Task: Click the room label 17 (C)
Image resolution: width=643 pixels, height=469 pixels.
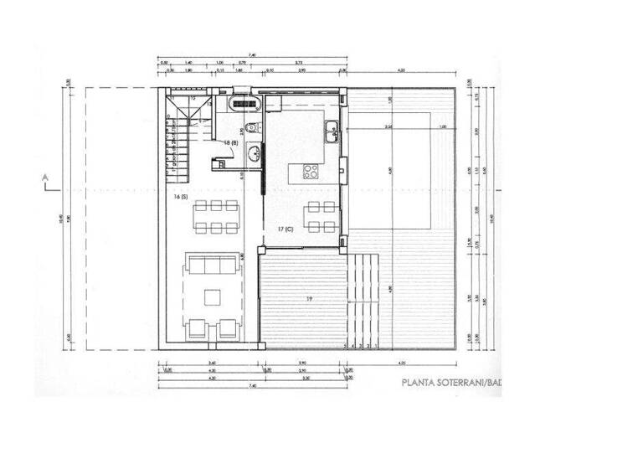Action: click(x=285, y=229)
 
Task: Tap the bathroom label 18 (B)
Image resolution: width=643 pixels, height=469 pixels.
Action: click(x=229, y=143)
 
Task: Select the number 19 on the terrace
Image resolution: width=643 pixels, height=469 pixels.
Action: click(x=309, y=299)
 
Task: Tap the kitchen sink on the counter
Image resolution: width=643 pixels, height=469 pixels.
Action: click(x=332, y=129)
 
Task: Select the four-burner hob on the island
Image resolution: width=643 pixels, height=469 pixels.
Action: click(x=310, y=173)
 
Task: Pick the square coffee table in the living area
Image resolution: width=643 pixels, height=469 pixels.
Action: click(x=213, y=296)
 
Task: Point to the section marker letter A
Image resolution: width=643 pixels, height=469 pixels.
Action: click(x=43, y=176)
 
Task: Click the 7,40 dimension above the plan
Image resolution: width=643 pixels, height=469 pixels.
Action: click(x=250, y=56)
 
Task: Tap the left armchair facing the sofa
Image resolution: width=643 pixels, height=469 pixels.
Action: click(x=198, y=328)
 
